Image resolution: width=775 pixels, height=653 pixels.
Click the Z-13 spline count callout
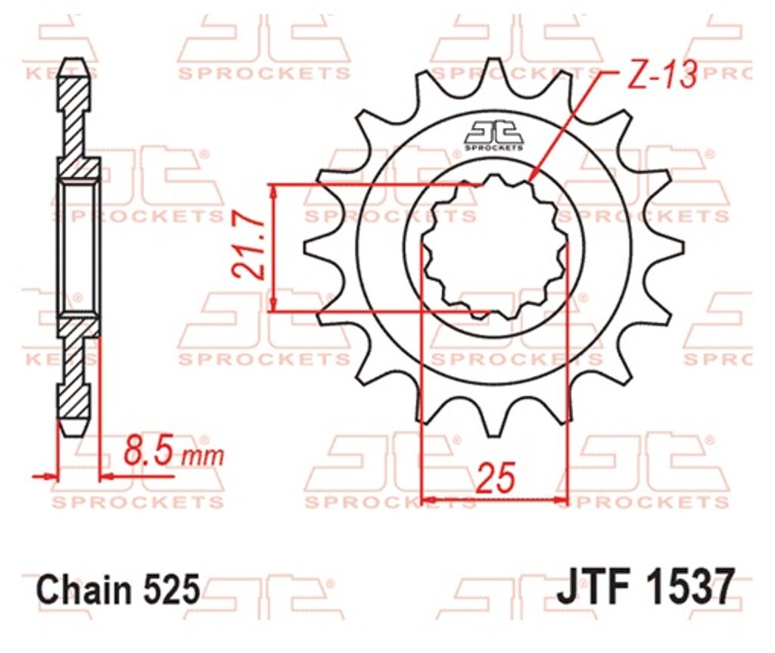click(661, 75)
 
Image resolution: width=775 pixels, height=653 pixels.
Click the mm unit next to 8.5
click(202, 456)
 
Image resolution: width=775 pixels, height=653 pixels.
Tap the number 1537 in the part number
click(692, 586)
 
